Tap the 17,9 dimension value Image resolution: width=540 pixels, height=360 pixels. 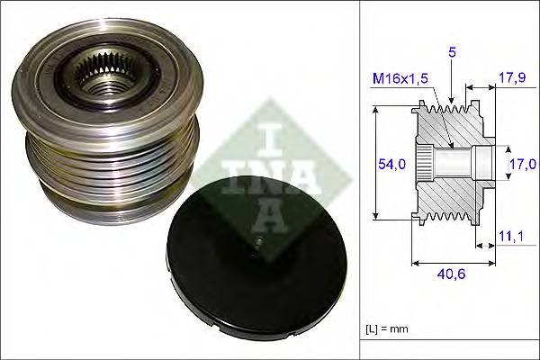(511, 78)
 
